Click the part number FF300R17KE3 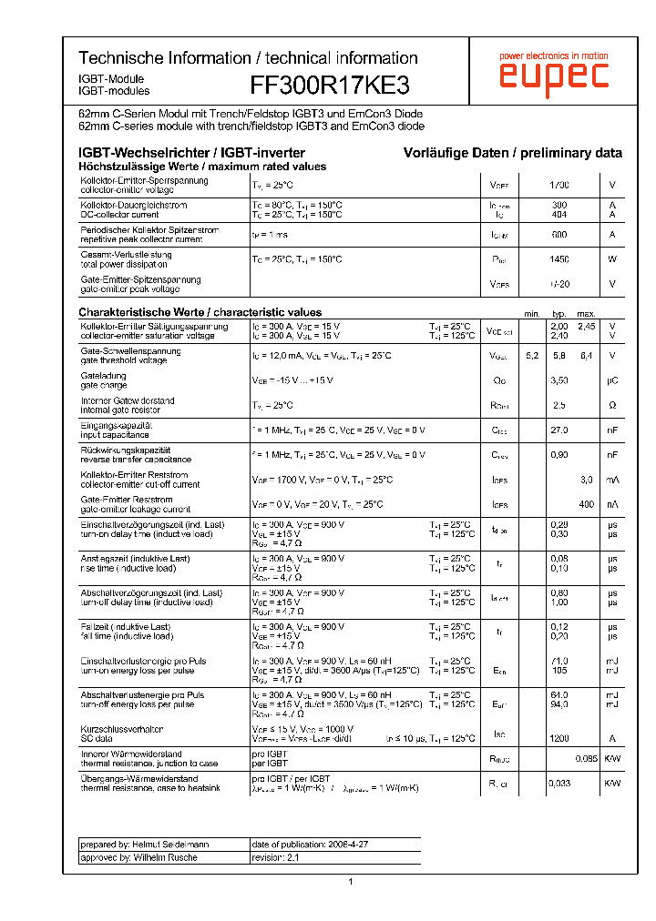[330, 85]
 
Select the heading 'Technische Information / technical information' [248, 57]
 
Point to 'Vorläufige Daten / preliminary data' [513, 153]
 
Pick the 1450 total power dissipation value [559, 259]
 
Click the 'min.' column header [532, 313]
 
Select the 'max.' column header [586, 313]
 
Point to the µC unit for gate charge [612, 380]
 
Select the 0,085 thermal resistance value [586, 758]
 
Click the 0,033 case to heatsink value [559, 783]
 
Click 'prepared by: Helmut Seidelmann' [145, 845]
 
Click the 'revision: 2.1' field [275, 857]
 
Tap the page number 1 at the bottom [350, 881]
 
